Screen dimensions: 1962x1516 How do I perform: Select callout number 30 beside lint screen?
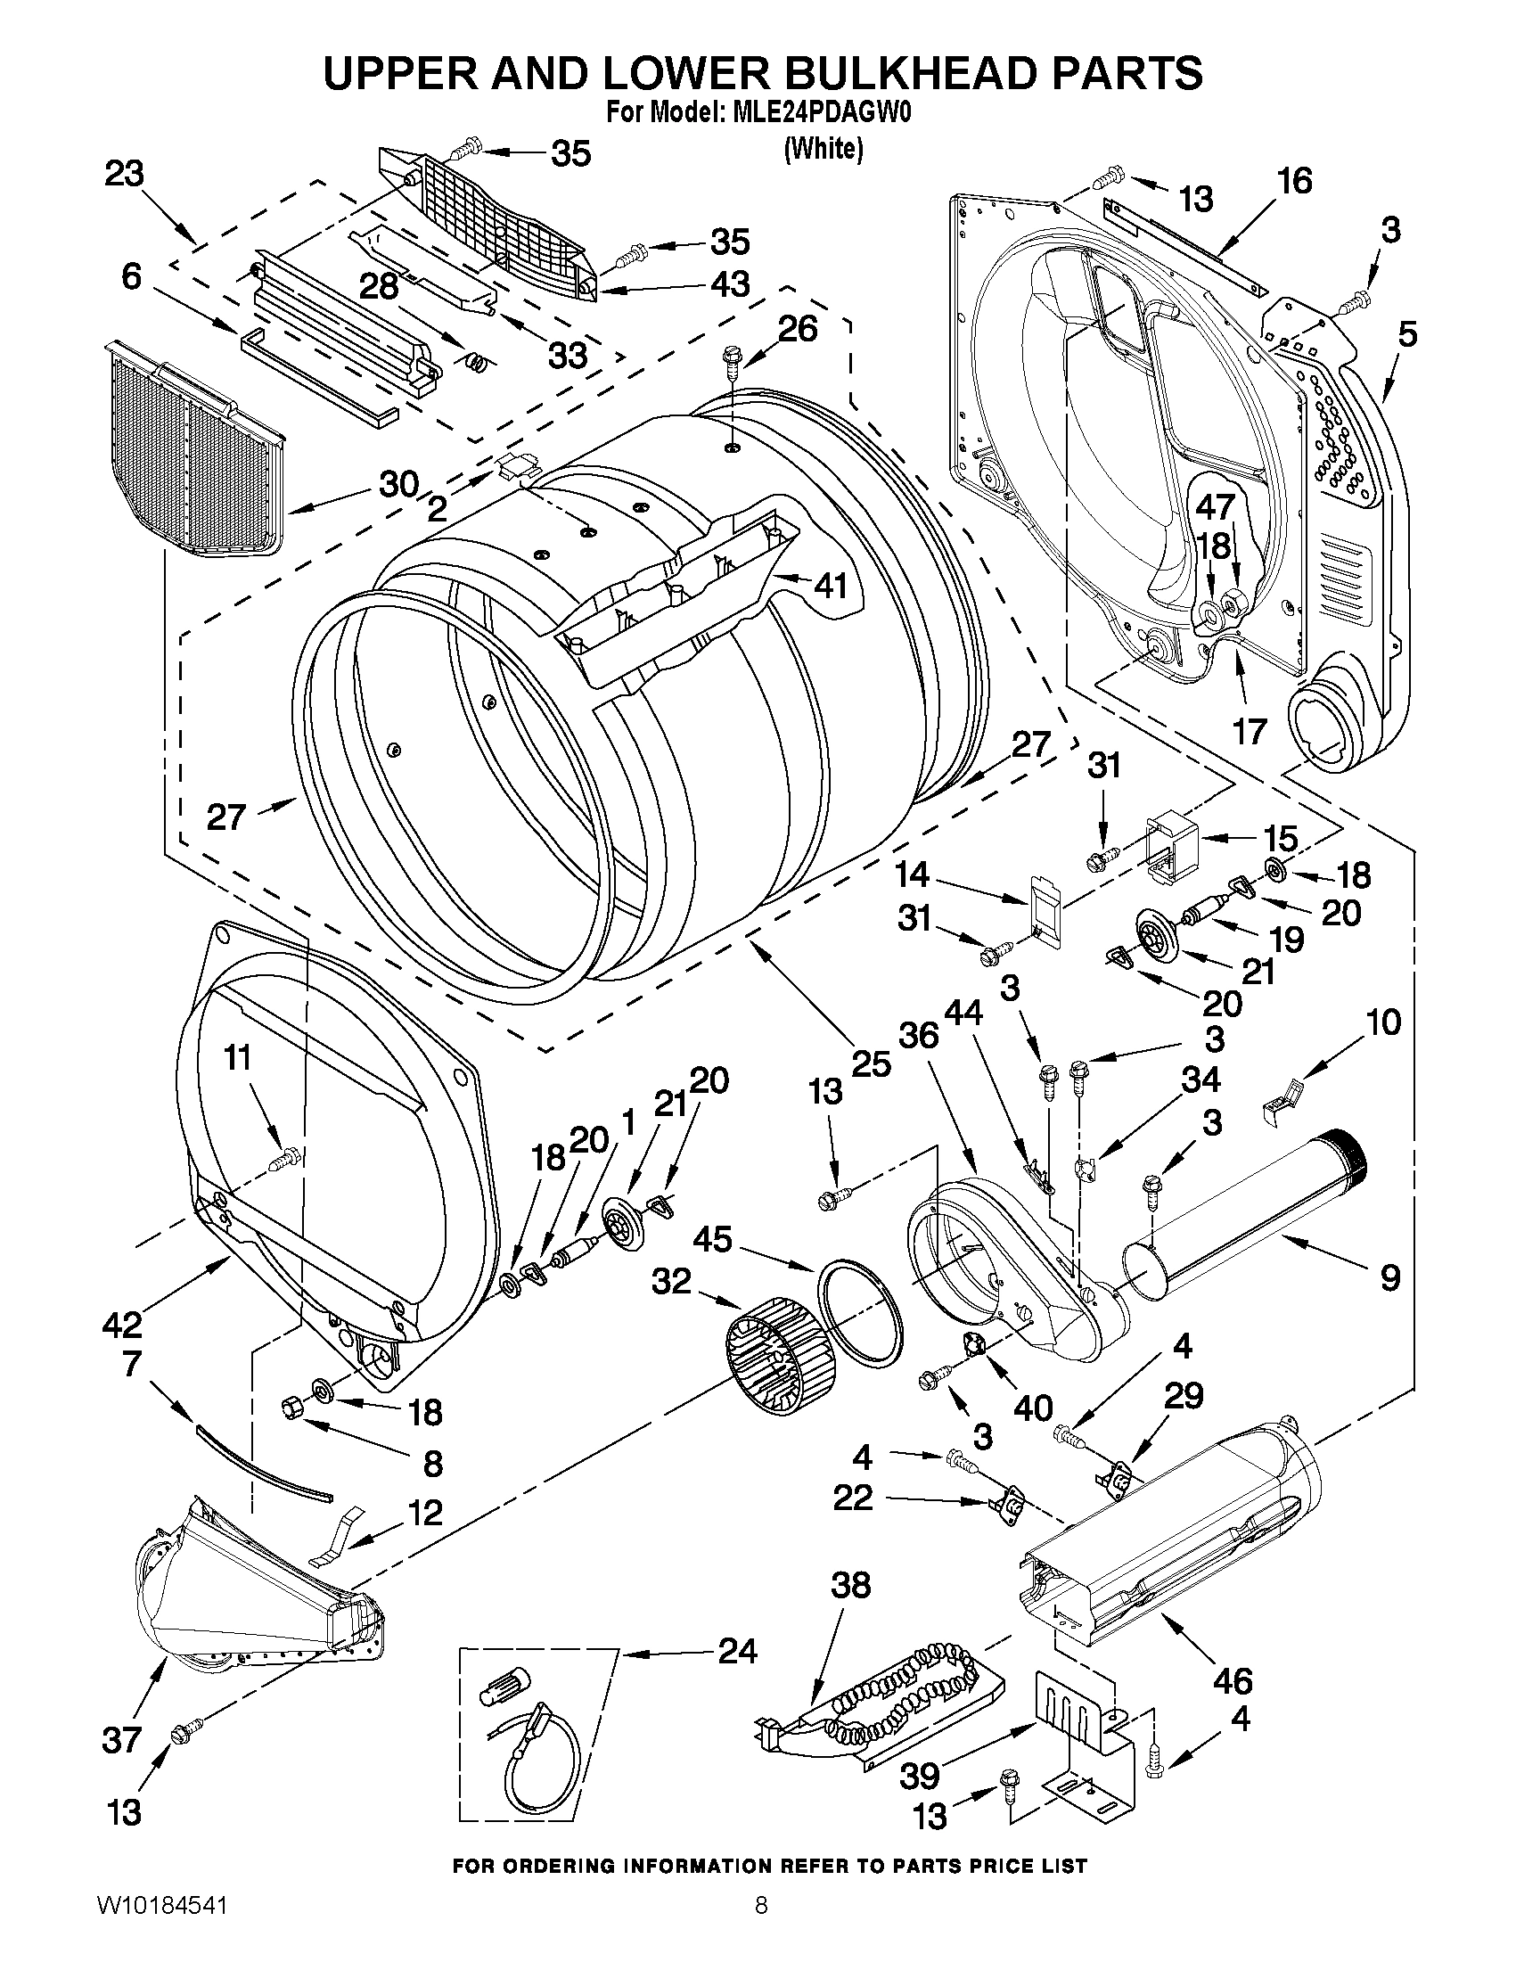pyautogui.click(x=398, y=484)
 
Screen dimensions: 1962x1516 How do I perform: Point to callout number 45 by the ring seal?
pyautogui.click(x=711, y=1240)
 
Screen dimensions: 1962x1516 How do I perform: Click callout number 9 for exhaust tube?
pyautogui.click(x=1389, y=1276)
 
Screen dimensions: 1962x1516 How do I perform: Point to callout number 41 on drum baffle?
pyautogui.click(x=831, y=586)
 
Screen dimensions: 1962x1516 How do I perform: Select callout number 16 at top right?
pyautogui.click(x=1294, y=181)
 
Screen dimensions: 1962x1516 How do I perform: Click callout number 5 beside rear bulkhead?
pyautogui.click(x=1407, y=334)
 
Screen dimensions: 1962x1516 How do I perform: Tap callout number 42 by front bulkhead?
pyautogui.click(x=121, y=1324)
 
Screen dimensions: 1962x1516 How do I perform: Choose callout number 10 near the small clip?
pyautogui.click(x=1383, y=1022)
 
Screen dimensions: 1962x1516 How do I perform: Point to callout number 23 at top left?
pyautogui.click(x=124, y=174)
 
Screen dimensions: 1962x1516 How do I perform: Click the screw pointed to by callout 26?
pyautogui.click(x=729, y=365)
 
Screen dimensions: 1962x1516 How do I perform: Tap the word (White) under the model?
pyautogui.click(x=823, y=148)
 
